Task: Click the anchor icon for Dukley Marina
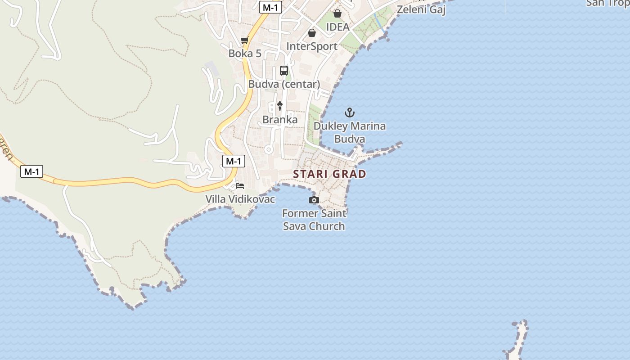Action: point(350,112)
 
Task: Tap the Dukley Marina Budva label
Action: point(350,132)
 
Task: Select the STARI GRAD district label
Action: point(329,174)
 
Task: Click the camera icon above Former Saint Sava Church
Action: point(314,200)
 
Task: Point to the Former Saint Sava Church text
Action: point(314,220)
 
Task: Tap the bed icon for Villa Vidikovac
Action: point(240,185)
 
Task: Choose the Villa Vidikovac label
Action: point(240,199)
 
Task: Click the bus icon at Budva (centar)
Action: point(284,71)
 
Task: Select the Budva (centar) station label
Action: point(284,84)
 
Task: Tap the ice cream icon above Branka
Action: point(280,106)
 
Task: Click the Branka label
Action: point(280,120)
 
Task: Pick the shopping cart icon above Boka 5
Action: point(245,40)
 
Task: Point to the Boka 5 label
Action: point(245,54)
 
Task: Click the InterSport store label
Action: point(312,46)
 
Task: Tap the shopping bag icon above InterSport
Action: point(312,33)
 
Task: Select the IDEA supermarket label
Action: point(337,27)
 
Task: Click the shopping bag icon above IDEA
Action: point(337,13)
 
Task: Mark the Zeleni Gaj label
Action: point(421,9)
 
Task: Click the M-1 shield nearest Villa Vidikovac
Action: point(234,161)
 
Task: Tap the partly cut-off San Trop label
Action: point(607,3)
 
